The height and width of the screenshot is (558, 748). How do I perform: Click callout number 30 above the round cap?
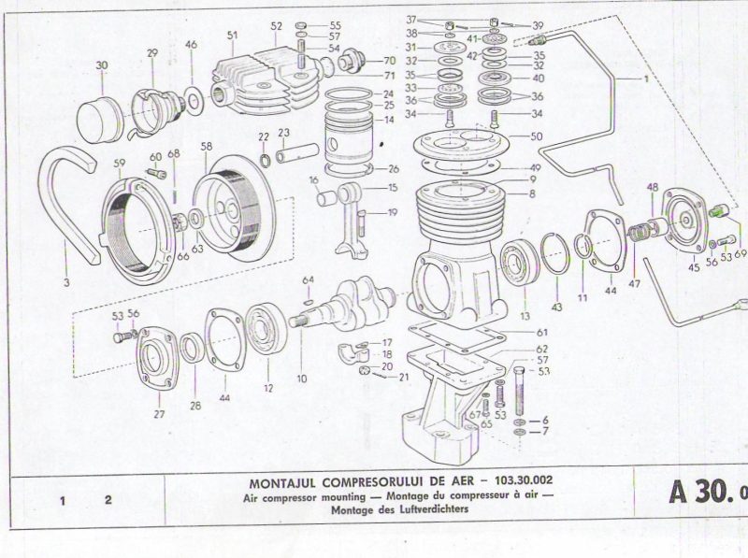click(x=102, y=65)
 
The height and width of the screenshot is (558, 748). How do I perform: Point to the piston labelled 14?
click(x=348, y=140)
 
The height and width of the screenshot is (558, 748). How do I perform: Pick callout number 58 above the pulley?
click(x=207, y=147)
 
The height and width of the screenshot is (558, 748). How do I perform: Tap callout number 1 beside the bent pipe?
click(x=645, y=79)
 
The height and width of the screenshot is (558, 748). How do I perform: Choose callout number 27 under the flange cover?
click(x=158, y=412)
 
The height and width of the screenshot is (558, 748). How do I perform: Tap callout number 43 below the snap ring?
click(x=556, y=306)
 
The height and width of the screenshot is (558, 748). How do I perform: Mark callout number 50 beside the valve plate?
click(x=536, y=136)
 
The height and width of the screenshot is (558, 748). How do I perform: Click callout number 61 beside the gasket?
click(x=542, y=332)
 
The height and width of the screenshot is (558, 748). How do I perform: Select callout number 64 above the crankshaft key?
click(x=308, y=279)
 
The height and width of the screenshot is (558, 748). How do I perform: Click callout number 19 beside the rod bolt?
click(x=392, y=212)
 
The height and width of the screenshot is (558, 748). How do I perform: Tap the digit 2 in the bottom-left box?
click(x=108, y=500)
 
